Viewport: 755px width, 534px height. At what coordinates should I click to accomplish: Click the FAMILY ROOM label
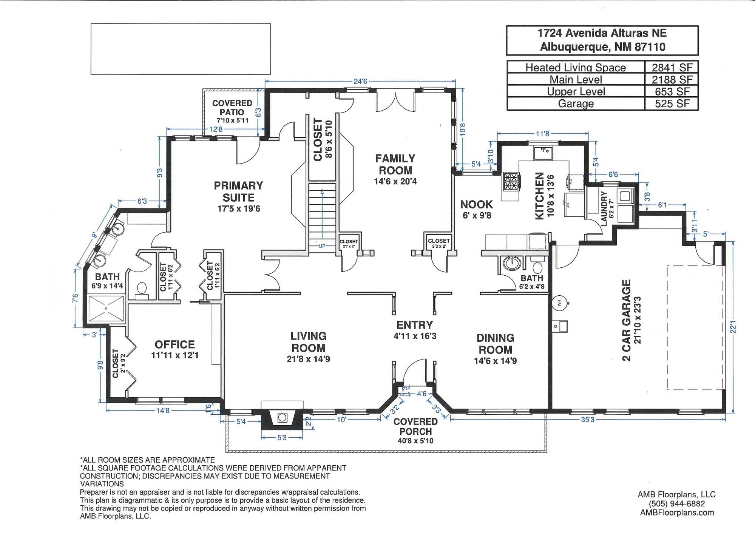point(395,164)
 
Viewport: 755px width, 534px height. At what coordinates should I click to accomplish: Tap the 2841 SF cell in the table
point(672,68)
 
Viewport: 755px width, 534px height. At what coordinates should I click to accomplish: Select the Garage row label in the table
point(576,104)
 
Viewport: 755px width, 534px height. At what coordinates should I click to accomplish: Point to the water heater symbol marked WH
point(559,303)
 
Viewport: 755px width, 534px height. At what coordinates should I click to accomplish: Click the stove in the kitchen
point(511,181)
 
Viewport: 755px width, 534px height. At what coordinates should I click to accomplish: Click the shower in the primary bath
point(106,309)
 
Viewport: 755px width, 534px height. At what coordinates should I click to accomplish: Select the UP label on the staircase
point(322,246)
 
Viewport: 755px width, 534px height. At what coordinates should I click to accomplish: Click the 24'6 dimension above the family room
point(360,81)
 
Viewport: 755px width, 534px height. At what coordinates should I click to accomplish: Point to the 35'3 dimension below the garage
point(587,420)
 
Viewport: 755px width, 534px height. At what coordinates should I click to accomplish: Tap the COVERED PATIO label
point(232,108)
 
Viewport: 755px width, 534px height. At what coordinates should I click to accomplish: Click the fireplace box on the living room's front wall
point(282,417)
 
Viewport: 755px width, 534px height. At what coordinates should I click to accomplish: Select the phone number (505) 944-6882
point(676,504)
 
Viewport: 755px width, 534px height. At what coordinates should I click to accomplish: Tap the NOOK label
point(476,205)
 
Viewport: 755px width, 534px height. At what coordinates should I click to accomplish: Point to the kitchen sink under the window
point(543,153)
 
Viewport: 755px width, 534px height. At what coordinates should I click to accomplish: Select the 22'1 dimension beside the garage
point(733,327)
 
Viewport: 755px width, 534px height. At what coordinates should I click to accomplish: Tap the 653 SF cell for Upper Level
point(672,92)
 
